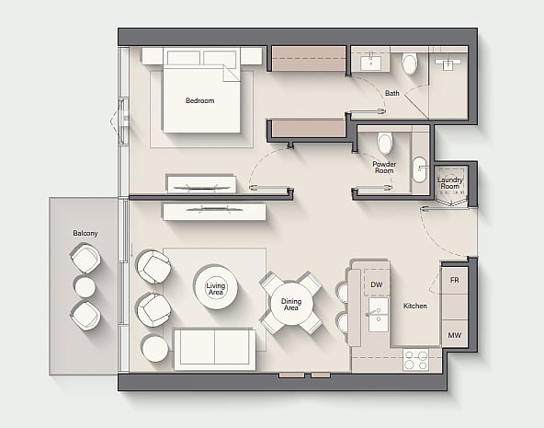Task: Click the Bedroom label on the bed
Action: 199,100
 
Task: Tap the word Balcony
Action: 85,233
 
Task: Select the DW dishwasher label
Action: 377,284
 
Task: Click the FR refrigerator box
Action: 455,280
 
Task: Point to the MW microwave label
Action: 455,335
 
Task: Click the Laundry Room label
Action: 450,183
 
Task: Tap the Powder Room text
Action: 384,168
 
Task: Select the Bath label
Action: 392,93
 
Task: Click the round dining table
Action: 291,304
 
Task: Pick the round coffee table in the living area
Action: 216,287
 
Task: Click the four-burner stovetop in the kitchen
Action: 415,360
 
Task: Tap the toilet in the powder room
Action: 384,143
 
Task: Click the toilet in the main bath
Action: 410,64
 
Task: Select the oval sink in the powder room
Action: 419,169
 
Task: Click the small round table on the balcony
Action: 85,287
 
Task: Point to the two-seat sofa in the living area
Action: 215,349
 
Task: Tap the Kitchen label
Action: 415,306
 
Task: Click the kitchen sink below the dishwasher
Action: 379,315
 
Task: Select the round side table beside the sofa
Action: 154,348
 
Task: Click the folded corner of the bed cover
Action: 231,74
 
